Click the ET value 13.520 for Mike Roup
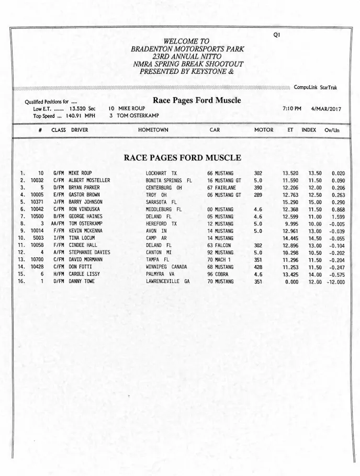[x=290, y=173]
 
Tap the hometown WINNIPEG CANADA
[x=166, y=267]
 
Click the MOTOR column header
[x=264, y=130]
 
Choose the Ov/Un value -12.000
[x=335, y=281]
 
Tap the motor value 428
[x=258, y=267]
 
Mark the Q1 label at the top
[x=277, y=35]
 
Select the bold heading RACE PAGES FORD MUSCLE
[x=182, y=157]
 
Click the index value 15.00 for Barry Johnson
[x=314, y=202]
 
